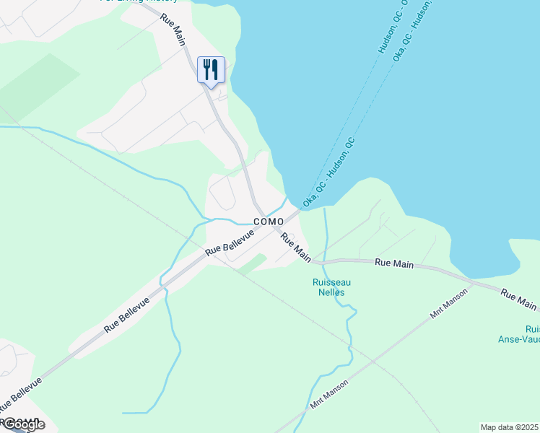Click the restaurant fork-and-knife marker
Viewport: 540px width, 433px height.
click(x=211, y=70)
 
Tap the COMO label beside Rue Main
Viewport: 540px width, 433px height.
click(x=268, y=222)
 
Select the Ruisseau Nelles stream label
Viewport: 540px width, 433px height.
click(x=331, y=287)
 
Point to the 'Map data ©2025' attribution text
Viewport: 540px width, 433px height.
click(x=510, y=427)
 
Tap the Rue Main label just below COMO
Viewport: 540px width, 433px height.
click(x=296, y=247)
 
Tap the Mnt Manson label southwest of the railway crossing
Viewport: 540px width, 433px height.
click(x=328, y=394)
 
